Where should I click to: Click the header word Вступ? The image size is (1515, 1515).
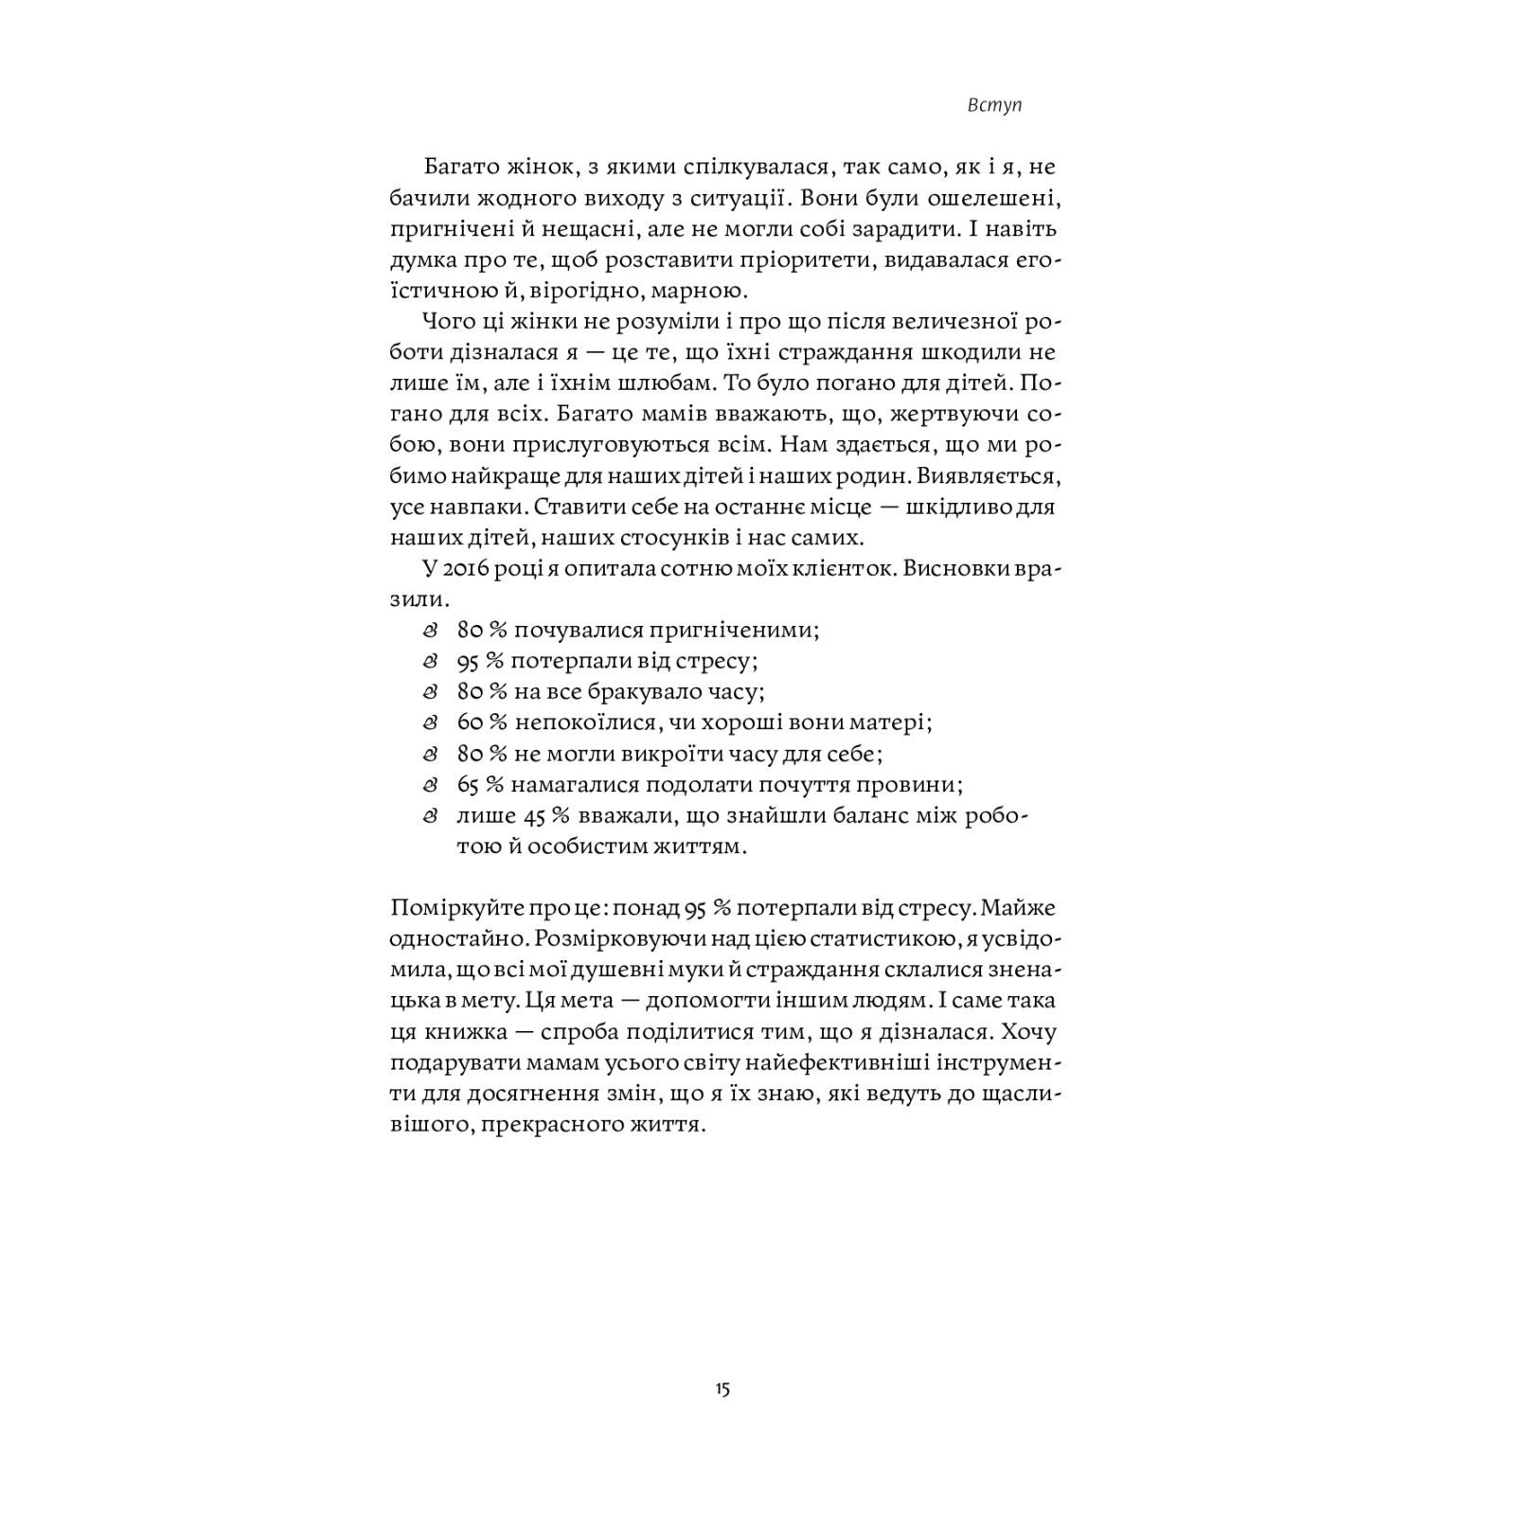995,106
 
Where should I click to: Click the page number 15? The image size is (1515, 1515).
722,1389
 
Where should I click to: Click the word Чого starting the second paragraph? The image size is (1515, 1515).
451,322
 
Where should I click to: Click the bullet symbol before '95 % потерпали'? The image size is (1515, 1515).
431,661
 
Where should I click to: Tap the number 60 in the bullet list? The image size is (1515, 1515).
471,722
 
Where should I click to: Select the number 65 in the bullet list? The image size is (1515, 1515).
470,785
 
